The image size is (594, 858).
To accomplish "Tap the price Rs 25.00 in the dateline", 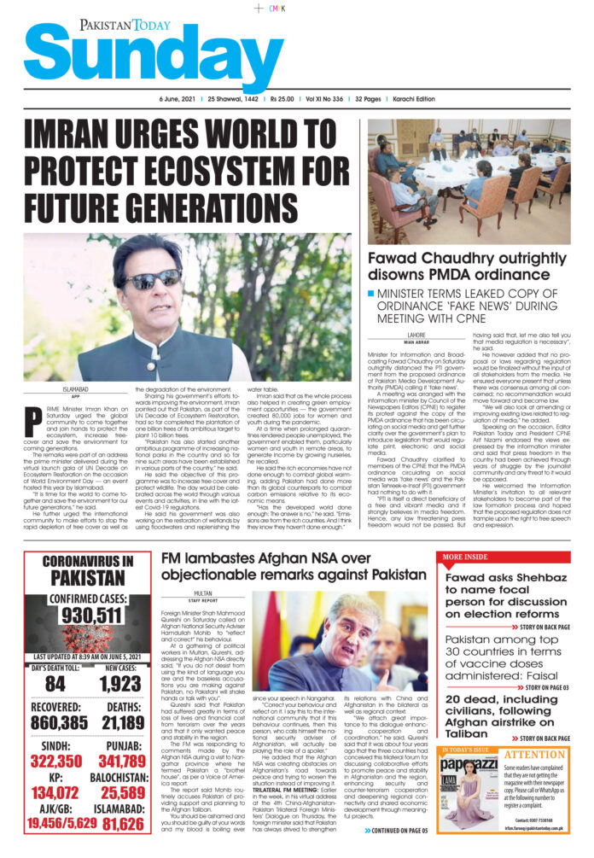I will [x=289, y=100].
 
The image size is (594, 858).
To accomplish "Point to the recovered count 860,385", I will [x=55, y=723].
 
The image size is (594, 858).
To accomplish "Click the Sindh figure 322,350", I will [x=55, y=761].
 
